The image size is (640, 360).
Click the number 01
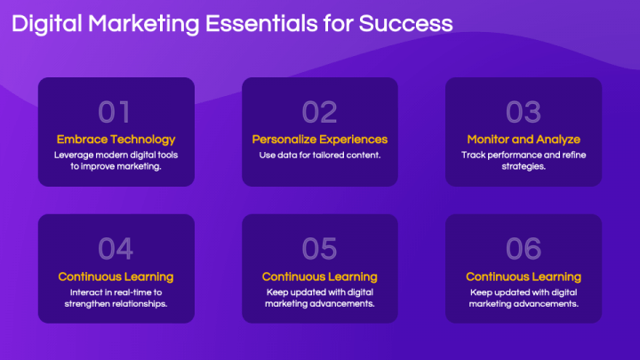(116, 111)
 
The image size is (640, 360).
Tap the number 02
(320, 111)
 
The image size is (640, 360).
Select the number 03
(524, 111)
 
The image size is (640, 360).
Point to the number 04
(116, 247)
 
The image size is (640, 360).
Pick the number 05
(320, 247)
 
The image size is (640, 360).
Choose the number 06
(524, 247)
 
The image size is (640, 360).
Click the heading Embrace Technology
(116, 139)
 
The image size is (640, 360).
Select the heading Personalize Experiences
(320, 139)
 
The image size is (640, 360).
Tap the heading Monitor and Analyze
(524, 139)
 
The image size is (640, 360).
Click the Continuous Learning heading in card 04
(116, 276)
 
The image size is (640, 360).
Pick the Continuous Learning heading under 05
(320, 276)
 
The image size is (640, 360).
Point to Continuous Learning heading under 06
(524, 276)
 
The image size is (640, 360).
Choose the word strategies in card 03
(524, 166)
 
